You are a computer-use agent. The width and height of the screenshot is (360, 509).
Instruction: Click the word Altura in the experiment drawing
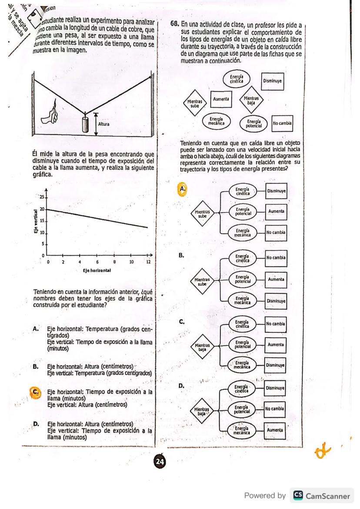pos(104,124)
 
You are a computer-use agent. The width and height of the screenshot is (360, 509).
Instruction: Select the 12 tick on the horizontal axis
pos(148,262)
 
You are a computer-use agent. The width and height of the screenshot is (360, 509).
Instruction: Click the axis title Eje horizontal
pos(96,270)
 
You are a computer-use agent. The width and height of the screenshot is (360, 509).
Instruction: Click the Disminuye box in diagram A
pos(276,191)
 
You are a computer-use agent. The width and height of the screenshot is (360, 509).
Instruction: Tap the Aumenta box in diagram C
pos(276,344)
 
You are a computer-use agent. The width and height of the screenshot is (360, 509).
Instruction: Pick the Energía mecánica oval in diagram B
pos(242,300)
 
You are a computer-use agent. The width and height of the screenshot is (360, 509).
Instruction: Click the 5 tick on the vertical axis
pos(43,244)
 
